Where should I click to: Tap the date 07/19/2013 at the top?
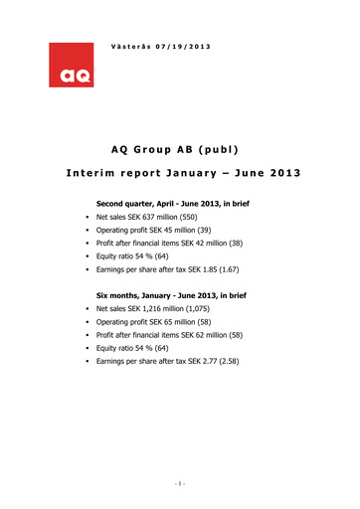pos(184,47)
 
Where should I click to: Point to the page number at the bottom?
pos(179,484)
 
